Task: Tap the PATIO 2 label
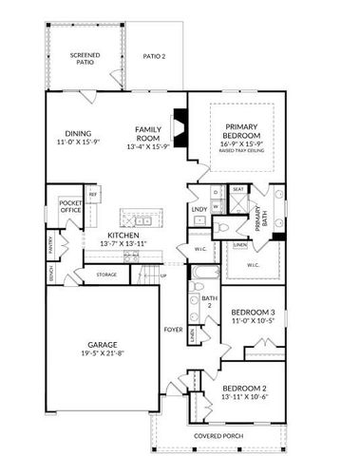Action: (x=155, y=57)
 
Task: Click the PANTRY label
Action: (x=49, y=246)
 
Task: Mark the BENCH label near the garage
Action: (x=49, y=274)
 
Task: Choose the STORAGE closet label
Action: (x=106, y=275)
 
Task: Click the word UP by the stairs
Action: (x=162, y=275)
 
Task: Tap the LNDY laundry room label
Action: (x=199, y=208)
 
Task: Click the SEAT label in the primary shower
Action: (x=237, y=189)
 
